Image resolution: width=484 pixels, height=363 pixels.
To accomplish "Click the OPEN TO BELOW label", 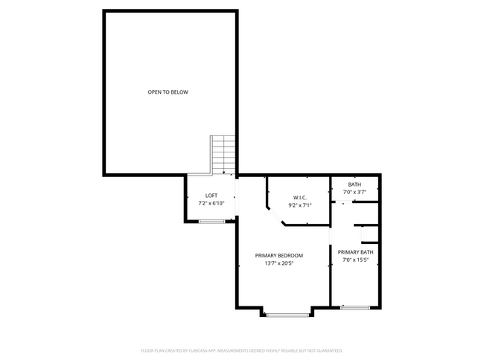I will pyautogui.click(x=168, y=92).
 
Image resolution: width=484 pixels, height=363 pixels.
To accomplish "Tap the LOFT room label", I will pyautogui.click(x=211, y=195).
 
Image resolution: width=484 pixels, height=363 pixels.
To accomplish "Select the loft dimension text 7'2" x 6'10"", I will pyautogui.click(x=211, y=203).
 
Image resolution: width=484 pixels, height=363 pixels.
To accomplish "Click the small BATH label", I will pyautogui.click(x=354, y=184).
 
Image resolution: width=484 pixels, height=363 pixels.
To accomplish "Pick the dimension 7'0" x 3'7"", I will pyautogui.click(x=354, y=193).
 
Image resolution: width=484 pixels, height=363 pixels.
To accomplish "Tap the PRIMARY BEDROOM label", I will pyautogui.click(x=279, y=255).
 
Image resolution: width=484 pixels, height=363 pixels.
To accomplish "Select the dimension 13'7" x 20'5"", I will pyautogui.click(x=279, y=263).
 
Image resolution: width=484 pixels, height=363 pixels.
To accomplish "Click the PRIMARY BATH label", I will pyautogui.click(x=355, y=252).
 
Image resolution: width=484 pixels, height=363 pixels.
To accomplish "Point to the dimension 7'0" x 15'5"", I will pyautogui.click(x=355, y=260).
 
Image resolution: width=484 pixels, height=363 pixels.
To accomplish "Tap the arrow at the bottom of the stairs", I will pyautogui.click(x=223, y=171).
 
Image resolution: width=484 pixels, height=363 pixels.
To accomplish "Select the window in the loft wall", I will pyautogui.click(x=211, y=221).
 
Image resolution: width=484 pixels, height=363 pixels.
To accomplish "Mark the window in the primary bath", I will pyautogui.click(x=354, y=307).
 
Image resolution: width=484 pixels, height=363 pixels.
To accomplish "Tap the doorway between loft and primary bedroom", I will pyautogui.click(x=236, y=198).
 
